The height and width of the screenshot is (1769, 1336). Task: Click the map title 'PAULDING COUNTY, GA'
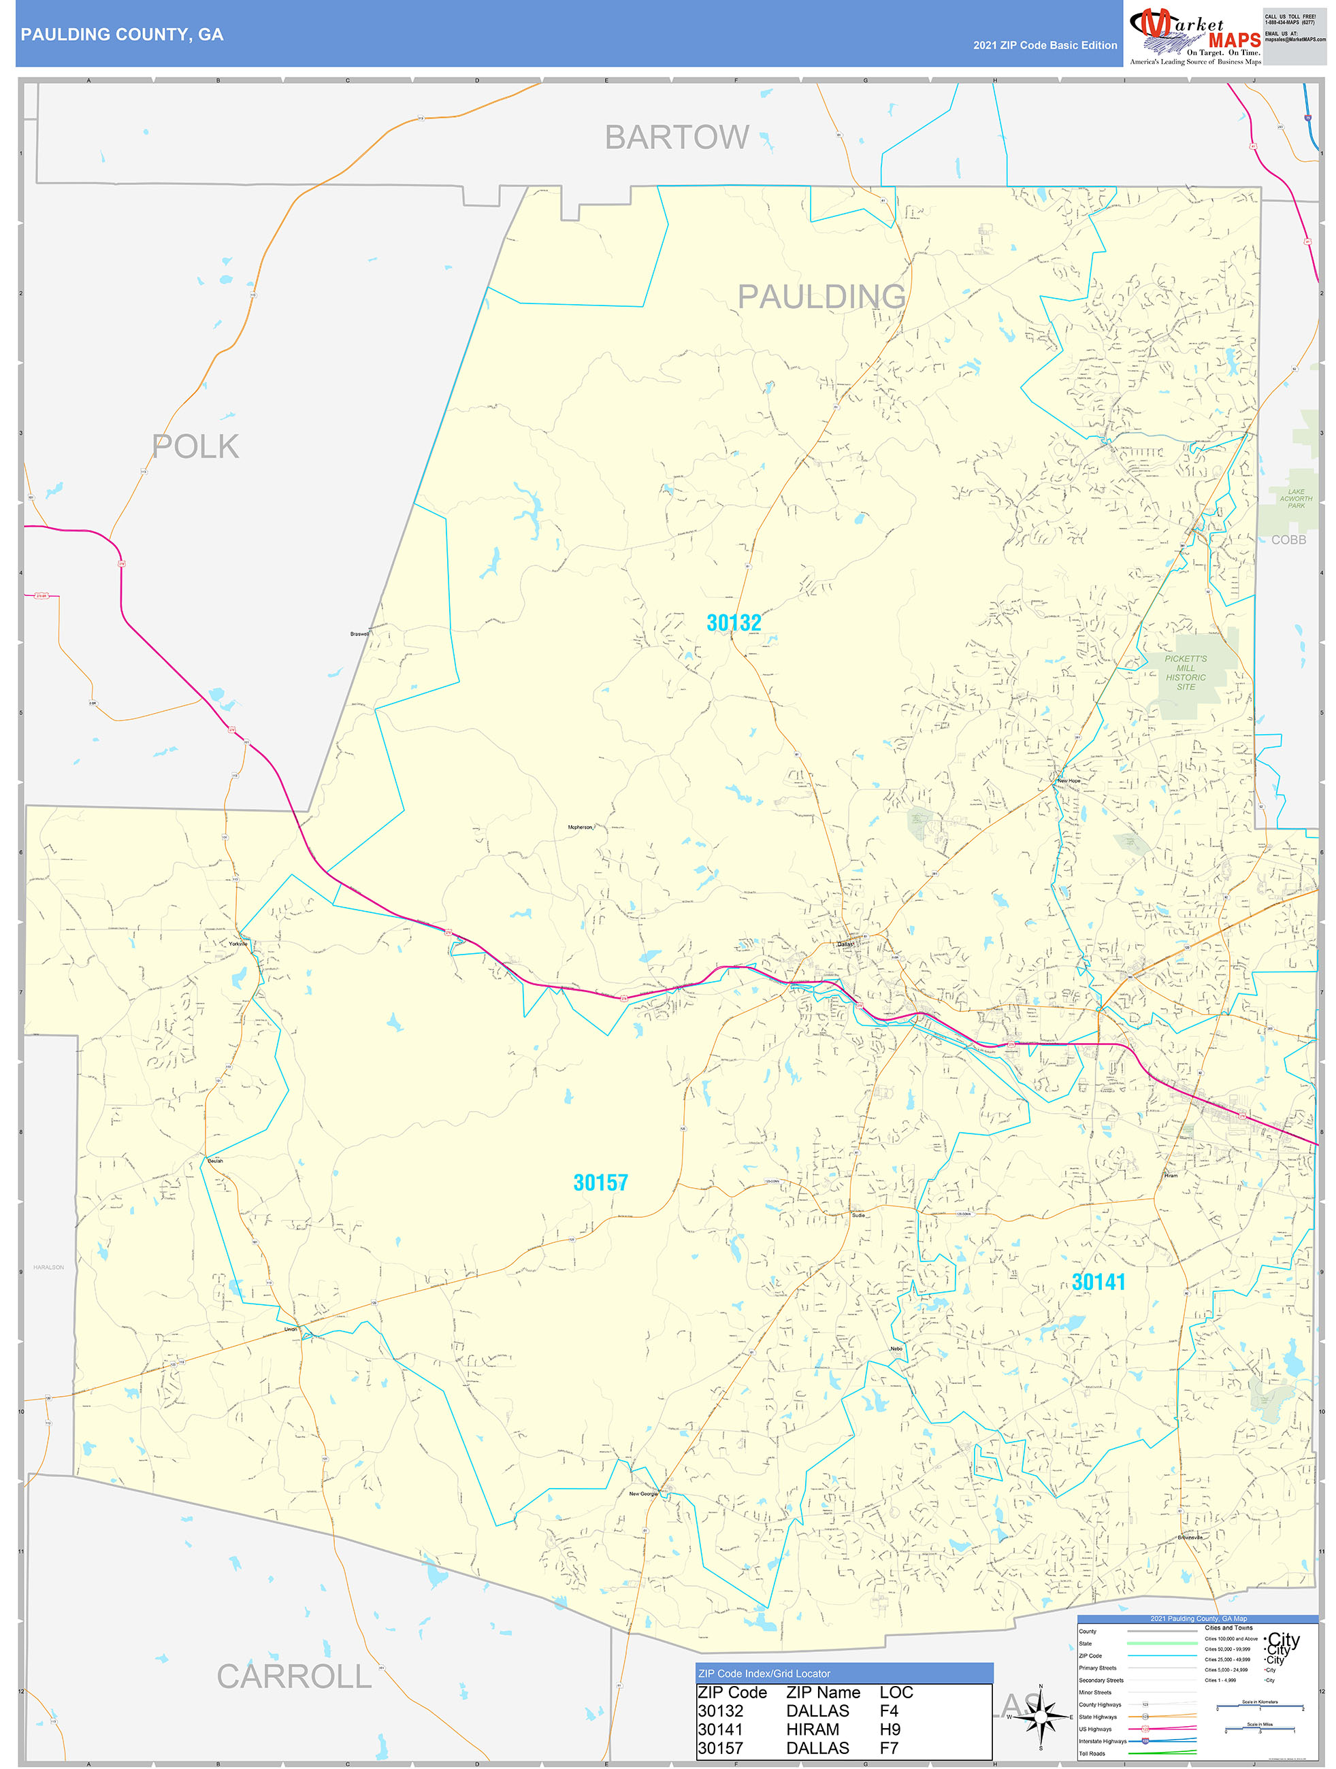[x=122, y=35]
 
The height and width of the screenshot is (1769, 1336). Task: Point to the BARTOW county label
[x=677, y=137]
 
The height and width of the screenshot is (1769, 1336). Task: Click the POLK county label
[x=196, y=446]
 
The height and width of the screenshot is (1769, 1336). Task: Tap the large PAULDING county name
[x=821, y=297]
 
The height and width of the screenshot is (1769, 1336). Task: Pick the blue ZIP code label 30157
[x=600, y=1183]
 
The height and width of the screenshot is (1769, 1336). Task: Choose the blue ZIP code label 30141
[x=1098, y=1282]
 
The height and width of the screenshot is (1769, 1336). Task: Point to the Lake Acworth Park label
[x=1296, y=498]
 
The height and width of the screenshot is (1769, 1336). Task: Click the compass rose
[x=1040, y=1715]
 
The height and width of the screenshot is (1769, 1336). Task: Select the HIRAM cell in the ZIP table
[x=813, y=1729]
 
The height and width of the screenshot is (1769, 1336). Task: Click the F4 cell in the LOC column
[x=889, y=1710]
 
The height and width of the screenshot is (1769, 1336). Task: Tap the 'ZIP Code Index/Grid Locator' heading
[x=764, y=1673]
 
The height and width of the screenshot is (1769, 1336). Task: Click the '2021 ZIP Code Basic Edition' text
[x=1045, y=46]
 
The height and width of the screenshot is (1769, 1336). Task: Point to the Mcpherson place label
[x=580, y=827]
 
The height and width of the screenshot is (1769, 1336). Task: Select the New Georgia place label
[x=642, y=1493]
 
